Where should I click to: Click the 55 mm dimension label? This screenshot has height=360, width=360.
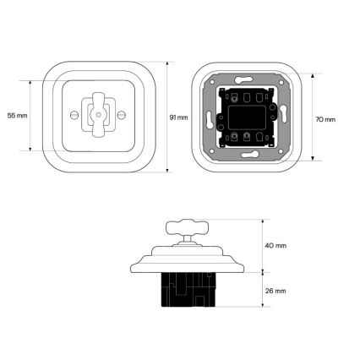(x=18, y=116)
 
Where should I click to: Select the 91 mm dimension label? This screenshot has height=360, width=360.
(x=178, y=117)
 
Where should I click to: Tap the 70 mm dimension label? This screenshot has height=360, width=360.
(x=325, y=119)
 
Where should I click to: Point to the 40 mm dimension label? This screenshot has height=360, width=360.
(x=275, y=246)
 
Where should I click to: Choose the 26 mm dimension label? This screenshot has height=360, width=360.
(x=275, y=291)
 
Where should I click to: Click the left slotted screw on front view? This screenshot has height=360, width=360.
(x=74, y=115)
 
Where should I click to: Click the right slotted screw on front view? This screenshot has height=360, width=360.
(x=122, y=115)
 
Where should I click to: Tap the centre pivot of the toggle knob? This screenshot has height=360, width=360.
(x=98, y=115)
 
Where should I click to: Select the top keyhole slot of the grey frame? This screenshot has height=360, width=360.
(x=243, y=79)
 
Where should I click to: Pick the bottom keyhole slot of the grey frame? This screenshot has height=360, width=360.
(x=249, y=155)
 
